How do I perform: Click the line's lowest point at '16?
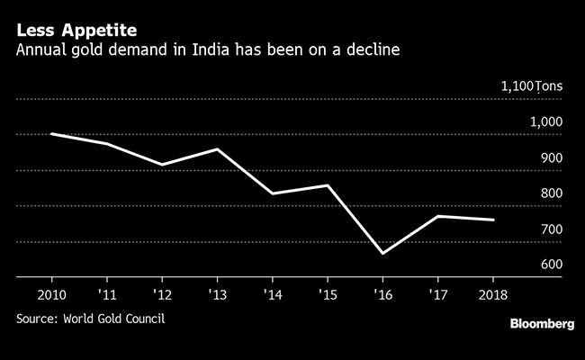click(x=382, y=254)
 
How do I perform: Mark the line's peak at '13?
click(x=216, y=148)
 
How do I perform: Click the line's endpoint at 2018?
click(x=493, y=220)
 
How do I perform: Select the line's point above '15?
click(x=328, y=185)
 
